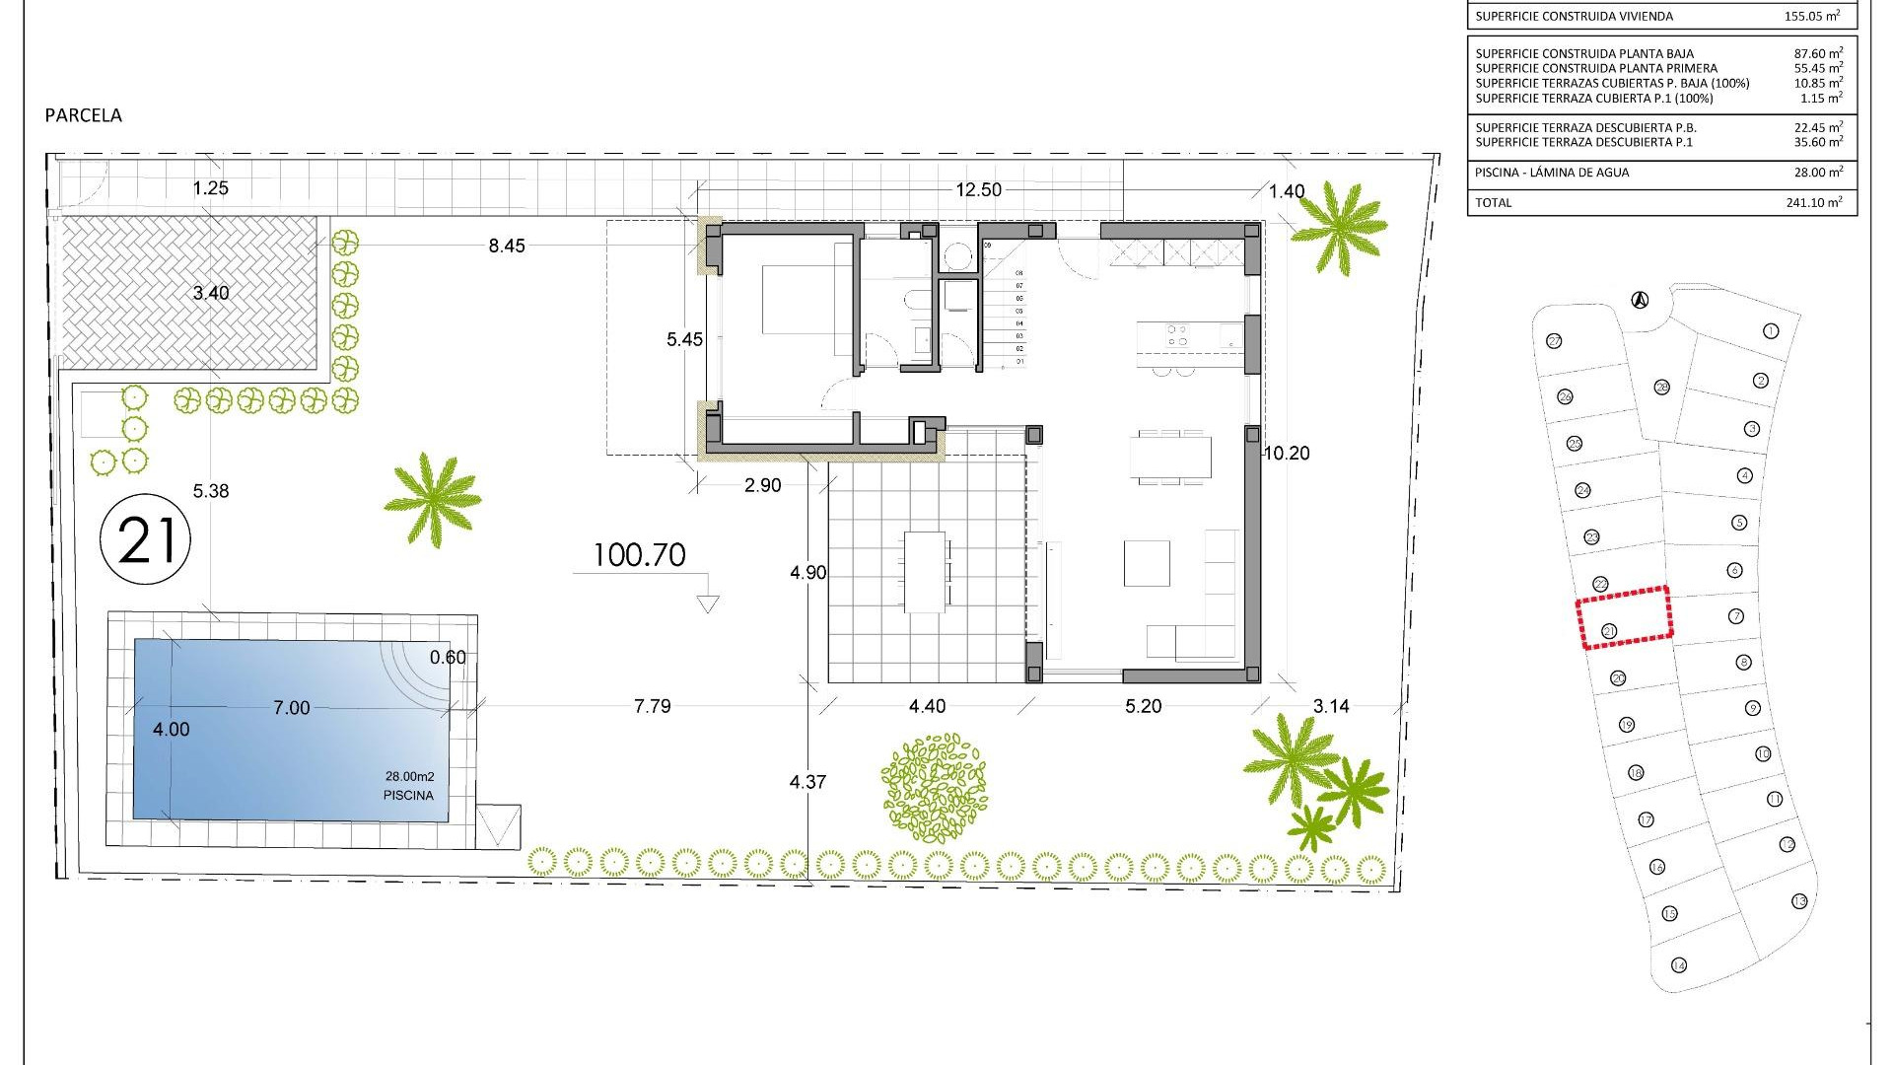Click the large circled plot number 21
[x=146, y=539]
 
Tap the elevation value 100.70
[x=639, y=555]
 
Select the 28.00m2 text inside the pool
[x=409, y=777]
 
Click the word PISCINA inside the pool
[x=408, y=795]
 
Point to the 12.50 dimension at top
[x=978, y=190]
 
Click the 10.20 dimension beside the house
[x=1286, y=454]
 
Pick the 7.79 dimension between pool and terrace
[x=653, y=706]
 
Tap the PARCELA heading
[x=84, y=115]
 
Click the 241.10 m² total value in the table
[x=1812, y=202]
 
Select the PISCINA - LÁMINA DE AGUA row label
[x=1552, y=173]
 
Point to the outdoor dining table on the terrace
[x=926, y=572]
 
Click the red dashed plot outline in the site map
[x=1624, y=617]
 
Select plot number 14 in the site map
[x=1678, y=965]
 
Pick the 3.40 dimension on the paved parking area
[x=211, y=293]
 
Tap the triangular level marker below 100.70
[x=707, y=603]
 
